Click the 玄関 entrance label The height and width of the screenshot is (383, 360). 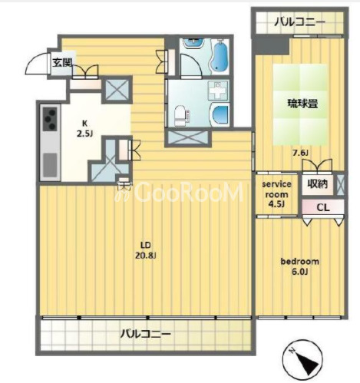(62, 62)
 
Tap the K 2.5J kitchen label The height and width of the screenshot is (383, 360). (84, 128)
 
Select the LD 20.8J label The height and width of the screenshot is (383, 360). (145, 250)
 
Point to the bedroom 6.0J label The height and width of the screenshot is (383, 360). (300, 266)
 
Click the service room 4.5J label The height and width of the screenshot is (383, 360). (276, 194)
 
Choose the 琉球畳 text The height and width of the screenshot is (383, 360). (303, 104)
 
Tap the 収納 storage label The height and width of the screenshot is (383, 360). (317, 183)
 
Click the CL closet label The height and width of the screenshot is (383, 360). (323, 207)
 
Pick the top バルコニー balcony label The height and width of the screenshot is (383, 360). (299, 22)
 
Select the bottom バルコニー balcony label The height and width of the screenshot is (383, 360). (146, 334)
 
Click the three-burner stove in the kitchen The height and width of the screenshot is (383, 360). (50, 119)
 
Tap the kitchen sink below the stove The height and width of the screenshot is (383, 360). (50, 165)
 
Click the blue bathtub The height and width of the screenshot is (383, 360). (220, 55)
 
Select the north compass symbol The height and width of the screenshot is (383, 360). (302, 361)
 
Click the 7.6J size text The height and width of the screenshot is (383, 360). (300, 153)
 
